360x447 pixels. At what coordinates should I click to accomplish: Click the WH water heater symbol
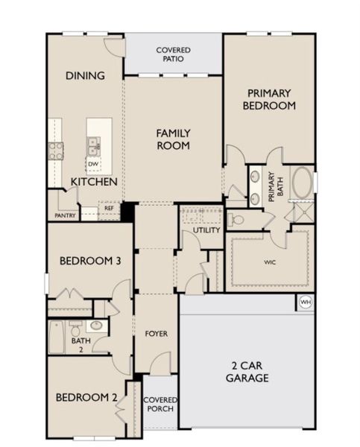[306, 302]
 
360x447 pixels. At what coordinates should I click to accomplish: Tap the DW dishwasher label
[93, 164]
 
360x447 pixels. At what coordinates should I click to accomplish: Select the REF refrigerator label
[109, 209]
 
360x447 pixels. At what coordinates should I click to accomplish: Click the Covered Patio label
[173, 54]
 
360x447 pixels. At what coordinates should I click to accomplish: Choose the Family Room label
[173, 139]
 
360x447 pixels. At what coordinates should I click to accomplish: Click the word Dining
[84, 75]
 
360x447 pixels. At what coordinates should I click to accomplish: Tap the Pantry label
[65, 216]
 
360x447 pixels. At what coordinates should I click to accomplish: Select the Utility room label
[206, 230]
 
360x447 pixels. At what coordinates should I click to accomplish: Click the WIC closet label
[270, 262]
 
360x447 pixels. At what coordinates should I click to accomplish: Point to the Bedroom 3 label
[86, 261]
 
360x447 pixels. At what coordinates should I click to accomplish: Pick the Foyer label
[156, 333]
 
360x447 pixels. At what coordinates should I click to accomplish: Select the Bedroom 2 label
[86, 397]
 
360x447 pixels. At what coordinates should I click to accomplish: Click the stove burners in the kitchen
[56, 151]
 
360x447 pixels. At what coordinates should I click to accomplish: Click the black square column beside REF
[127, 212]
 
